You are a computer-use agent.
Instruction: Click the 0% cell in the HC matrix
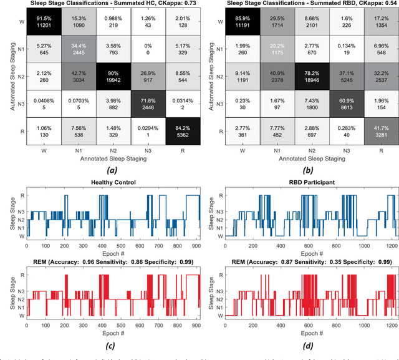[x=152, y=49]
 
